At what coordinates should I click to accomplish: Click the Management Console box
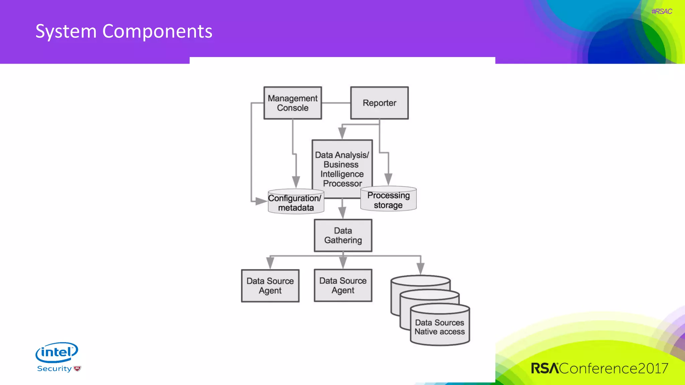pyautogui.click(x=292, y=103)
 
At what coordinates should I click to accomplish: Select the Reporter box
pyautogui.click(x=379, y=103)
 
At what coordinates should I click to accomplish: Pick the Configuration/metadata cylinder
pyautogui.click(x=296, y=203)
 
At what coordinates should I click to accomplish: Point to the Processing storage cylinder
pyautogui.click(x=388, y=200)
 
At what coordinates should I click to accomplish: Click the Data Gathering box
pyautogui.click(x=343, y=235)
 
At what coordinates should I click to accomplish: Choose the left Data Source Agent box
pyautogui.click(x=270, y=286)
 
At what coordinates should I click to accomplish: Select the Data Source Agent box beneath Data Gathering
pyautogui.click(x=343, y=285)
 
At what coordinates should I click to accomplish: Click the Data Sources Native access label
pyautogui.click(x=439, y=327)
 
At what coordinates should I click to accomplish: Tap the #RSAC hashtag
pyautogui.click(x=662, y=11)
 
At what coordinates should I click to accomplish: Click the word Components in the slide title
pyautogui.click(x=157, y=31)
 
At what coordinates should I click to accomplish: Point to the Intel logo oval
pyautogui.click(x=57, y=352)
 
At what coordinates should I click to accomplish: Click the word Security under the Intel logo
pyautogui.click(x=54, y=369)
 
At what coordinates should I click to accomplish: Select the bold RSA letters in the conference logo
pyautogui.click(x=545, y=368)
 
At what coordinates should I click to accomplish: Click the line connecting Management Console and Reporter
pyautogui.click(x=336, y=103)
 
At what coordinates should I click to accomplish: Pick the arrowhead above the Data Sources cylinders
pyautogui.click(x=420, y=268)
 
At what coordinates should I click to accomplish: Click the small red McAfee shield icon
pyautogui.click(x=77, y=369)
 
